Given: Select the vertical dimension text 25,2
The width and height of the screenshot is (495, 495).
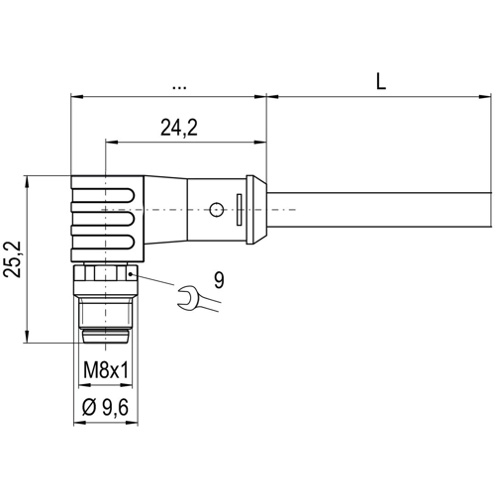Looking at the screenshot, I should [13, 260].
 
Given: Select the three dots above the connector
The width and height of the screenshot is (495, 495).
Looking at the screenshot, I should [178, 86].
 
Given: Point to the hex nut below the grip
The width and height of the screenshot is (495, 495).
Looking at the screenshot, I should [103, 274].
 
